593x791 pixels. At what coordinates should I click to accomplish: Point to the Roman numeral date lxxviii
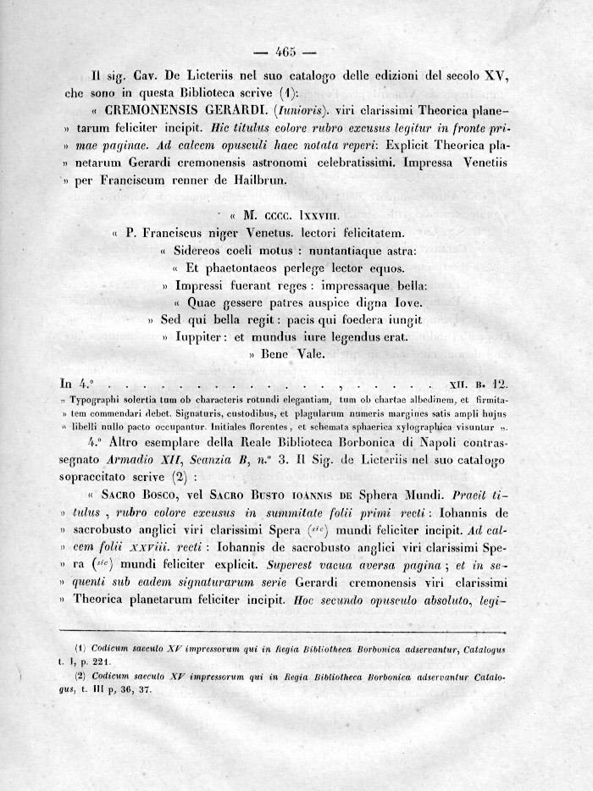(x=314, y=215)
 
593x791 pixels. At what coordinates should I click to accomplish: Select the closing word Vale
(x=308, y=356)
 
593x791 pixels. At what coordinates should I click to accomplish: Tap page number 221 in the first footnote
(x=117, y=662)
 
